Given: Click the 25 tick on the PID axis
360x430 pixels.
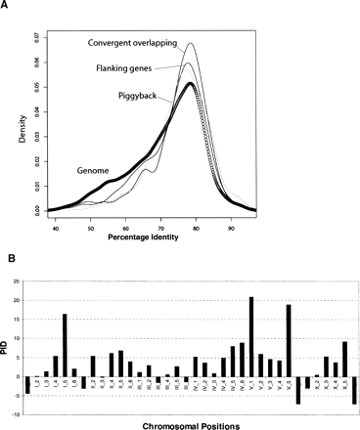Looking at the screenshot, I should tap(17, 280).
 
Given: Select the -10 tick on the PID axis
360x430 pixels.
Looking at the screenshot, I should tap(16, 414).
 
